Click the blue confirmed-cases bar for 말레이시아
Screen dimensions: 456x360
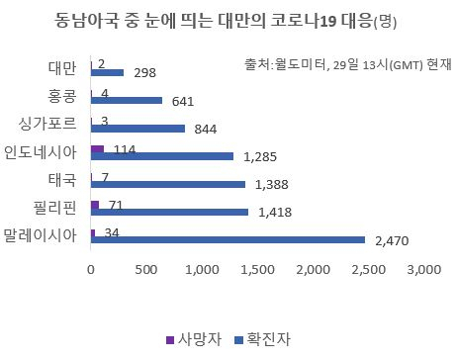[x=228, y=239]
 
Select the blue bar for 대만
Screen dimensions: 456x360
[x=107, y=72]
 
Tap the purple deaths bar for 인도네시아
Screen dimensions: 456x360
[x=97, y=149]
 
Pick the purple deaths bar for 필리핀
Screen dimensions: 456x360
[x=95, y=205]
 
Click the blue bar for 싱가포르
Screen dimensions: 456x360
[x=137, y=129]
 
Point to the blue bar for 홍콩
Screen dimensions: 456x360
[x=127, y=100]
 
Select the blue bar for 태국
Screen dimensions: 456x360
[x=168, y=184]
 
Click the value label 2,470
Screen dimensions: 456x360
[x=392, y=241]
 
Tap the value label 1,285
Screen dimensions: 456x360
[x=260, y=157]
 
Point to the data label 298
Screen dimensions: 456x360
[x=144, y=73]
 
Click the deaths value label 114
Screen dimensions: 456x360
[x=125, y=149]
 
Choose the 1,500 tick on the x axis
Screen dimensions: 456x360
[x=257, y=270]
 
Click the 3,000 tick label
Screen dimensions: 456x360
[x=424, y=270]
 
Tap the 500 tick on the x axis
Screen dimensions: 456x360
[x=146, y=270]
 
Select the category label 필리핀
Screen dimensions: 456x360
[x=55, y=208]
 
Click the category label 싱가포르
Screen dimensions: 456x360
[x=47, y=124]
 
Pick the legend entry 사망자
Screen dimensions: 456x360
[x=194, y=339]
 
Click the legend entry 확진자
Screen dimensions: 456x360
[x=263, y=339]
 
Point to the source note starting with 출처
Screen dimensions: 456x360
[x=347, y=64]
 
